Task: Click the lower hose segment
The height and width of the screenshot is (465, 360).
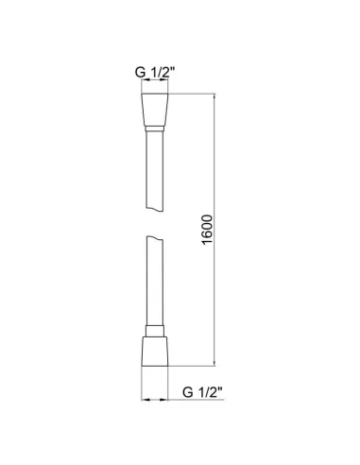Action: point(154,284)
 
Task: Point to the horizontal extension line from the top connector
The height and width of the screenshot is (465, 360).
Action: point(194,95)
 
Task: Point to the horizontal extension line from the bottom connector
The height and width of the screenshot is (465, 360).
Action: point(194,366)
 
